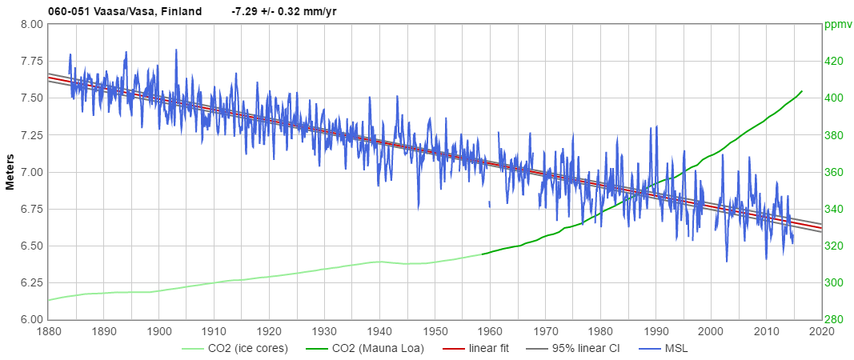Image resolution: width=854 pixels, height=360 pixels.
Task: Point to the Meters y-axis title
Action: pyautogui.click(x=10, y=172)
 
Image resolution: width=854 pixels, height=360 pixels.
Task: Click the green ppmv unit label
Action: pyautogui.click(x=837, y=24)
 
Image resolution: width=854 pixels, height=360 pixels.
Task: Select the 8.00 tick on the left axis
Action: pyautogui.click(x=30, y=24)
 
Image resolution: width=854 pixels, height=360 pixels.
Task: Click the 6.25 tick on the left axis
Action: pyautogui.click(x=30, y=282)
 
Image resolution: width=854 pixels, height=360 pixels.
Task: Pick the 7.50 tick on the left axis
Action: pyautogui.click(x=30, y=98)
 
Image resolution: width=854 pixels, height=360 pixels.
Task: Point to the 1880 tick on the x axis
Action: pyautogui.click(x=49, y=330)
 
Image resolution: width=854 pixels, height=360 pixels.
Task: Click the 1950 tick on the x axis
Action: pyautogui.click(x=435, y=330)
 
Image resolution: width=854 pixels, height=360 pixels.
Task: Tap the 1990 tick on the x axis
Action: pyautogui.click(x=656, y=330)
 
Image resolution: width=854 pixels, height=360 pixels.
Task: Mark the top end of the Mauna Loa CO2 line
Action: pyautogui.click(x=802, y=91)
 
